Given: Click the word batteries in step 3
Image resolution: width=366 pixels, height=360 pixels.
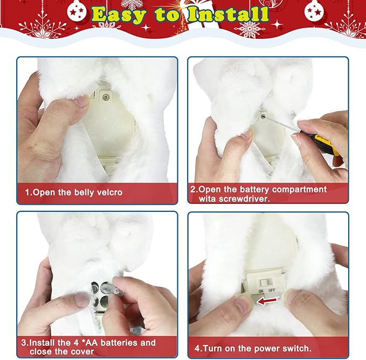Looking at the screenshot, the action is tap(119, 343).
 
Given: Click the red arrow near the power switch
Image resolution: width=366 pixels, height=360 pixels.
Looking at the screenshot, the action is tap(267, 301).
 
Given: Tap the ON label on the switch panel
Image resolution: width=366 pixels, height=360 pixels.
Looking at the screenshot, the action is tap(261, 291).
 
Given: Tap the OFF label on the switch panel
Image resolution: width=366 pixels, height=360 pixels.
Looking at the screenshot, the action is tap(272, 290).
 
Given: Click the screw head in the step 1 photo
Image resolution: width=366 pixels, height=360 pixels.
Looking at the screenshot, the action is tap(106, 96).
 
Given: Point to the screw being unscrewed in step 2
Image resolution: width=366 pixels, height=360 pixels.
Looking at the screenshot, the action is tap(263, 115).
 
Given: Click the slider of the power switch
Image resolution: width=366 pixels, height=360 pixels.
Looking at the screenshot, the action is tap(264, 282).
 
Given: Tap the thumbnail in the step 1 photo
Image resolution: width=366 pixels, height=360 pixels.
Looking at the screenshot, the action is tap(82, 101).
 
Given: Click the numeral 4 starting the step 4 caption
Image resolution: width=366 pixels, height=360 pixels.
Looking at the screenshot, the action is tap(197, 349).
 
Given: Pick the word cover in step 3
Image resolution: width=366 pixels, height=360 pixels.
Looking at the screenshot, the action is tap(82, 351).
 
